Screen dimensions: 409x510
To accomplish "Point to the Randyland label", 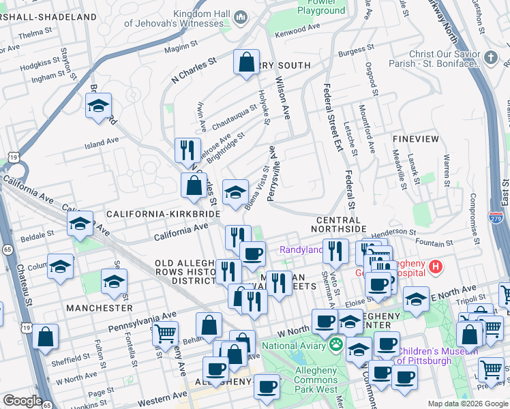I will [x=301, y=250].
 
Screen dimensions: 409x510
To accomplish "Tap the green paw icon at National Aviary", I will [x=335, y=346].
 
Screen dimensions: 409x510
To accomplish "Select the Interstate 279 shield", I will [x=496, y=217].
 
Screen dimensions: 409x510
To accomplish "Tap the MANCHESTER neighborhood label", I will [x=100, y=308].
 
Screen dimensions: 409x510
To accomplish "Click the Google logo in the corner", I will [x=22, y=401].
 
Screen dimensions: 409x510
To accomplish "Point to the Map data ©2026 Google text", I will [x=467, y=404].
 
